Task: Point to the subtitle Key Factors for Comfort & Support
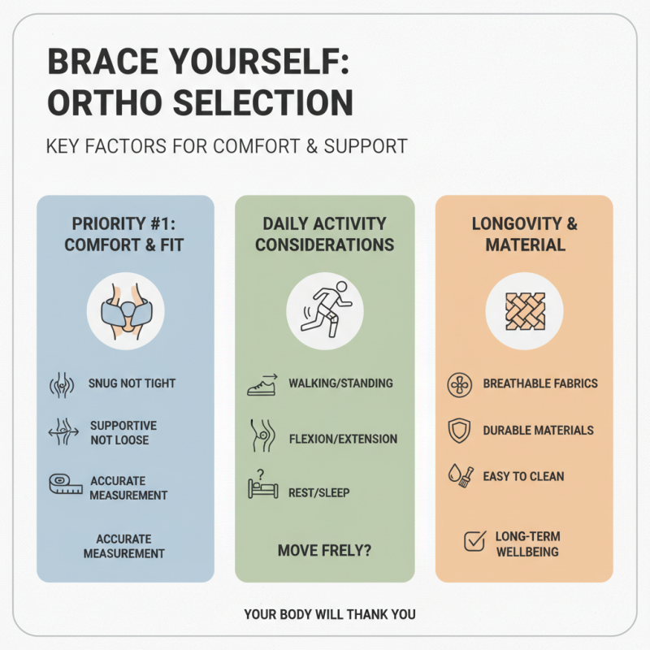click(x=227, y=147)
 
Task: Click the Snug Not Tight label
click(x=132, y=383)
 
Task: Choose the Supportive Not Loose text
click(x=123, y=432)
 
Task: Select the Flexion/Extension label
click(x=343, y=439)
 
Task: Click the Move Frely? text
click(x=324, y=551)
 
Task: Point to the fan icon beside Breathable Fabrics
click(x=459, y=383)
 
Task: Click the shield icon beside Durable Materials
click(x=459, y=430)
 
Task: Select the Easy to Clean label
click(x=523, y=476)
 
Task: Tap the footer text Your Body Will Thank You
click(x=329, y=614)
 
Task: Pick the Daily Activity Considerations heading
click(x=324, y=234)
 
